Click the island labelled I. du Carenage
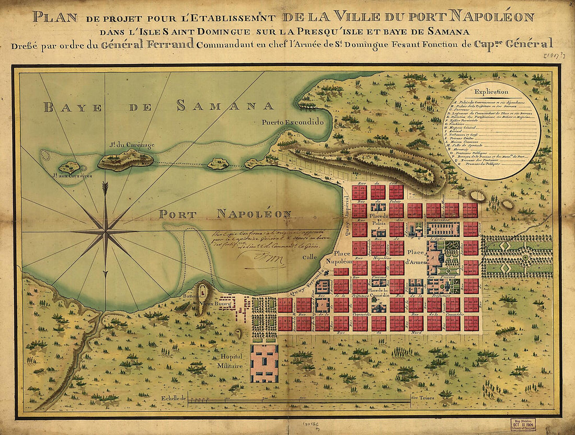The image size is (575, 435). coord(125,159)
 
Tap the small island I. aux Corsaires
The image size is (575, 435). coord(69,167)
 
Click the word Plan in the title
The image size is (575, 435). coord(54,16)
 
